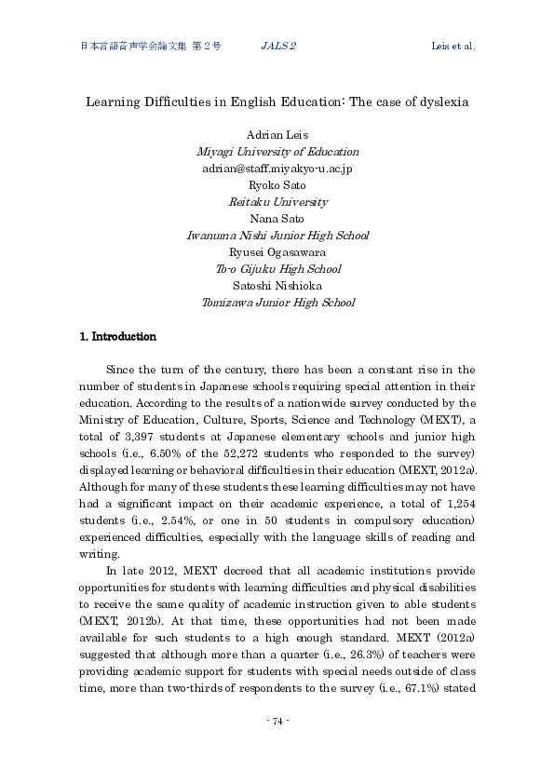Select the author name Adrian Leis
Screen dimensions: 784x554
(277, 135)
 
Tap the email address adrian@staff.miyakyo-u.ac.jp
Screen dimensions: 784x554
(277, 169)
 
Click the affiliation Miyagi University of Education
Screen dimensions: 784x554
(277, 152)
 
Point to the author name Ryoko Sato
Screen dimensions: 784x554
(277, 185)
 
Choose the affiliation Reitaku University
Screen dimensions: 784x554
(277, 202)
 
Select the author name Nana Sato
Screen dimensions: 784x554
(277, 219)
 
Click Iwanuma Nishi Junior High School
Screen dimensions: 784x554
(277, 236)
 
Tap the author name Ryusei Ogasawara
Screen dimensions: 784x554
(277, 252)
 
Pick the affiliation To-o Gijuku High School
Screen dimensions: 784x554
(277, 269)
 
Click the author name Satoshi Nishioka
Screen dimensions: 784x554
(277, 286)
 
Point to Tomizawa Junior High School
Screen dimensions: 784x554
(277, 303)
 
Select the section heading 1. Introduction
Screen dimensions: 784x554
(118, 337)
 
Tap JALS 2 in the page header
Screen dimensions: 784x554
(277, 46)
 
